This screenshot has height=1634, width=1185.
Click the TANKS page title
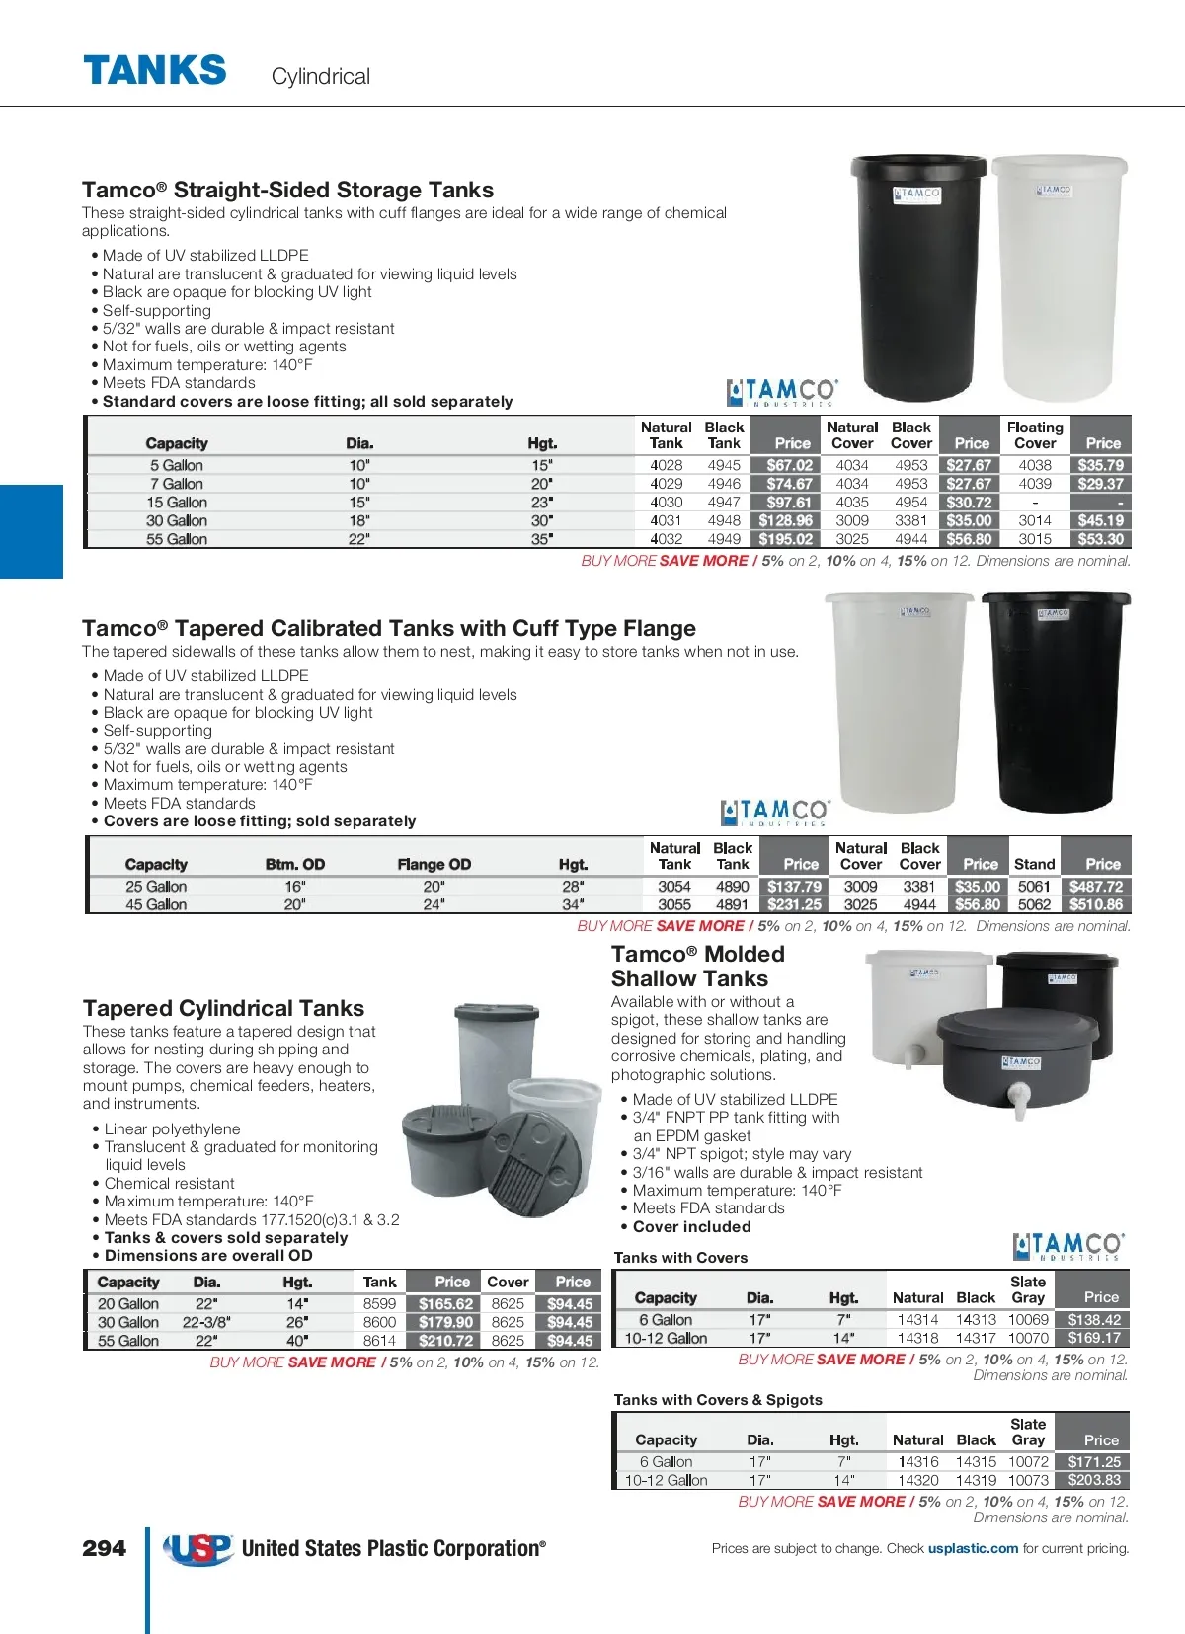(x=155, y=71)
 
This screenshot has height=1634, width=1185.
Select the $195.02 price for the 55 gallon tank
(x=786, y=539)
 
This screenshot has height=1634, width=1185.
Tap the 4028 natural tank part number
(x=667, y=465)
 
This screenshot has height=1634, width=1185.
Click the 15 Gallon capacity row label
(x=177, y=503)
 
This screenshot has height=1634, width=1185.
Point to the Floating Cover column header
(x=1035, y=435)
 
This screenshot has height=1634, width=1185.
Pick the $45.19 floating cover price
(x=1100, y=520)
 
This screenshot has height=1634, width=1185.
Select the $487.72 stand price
(x=1096, y=887)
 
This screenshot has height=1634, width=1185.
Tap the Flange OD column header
(x=434, y=864)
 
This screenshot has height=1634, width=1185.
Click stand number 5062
(x=1034, y=904)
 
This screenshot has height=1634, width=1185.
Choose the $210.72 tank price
(x=445, y=1341)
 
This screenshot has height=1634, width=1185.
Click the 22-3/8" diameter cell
(x=206, y=1322)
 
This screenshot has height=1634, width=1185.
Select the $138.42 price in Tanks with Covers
(x=1094, y=1320)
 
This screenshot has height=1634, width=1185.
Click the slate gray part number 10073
(x=1028, y=1480)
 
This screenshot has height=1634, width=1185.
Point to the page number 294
(x=104, y=1548)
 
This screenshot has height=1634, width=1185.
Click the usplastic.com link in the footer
(x=973, y=1548)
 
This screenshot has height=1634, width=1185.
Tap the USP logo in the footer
(x=198, y=1548)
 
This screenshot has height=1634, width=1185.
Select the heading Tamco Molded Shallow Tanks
(x=697, y=967)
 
